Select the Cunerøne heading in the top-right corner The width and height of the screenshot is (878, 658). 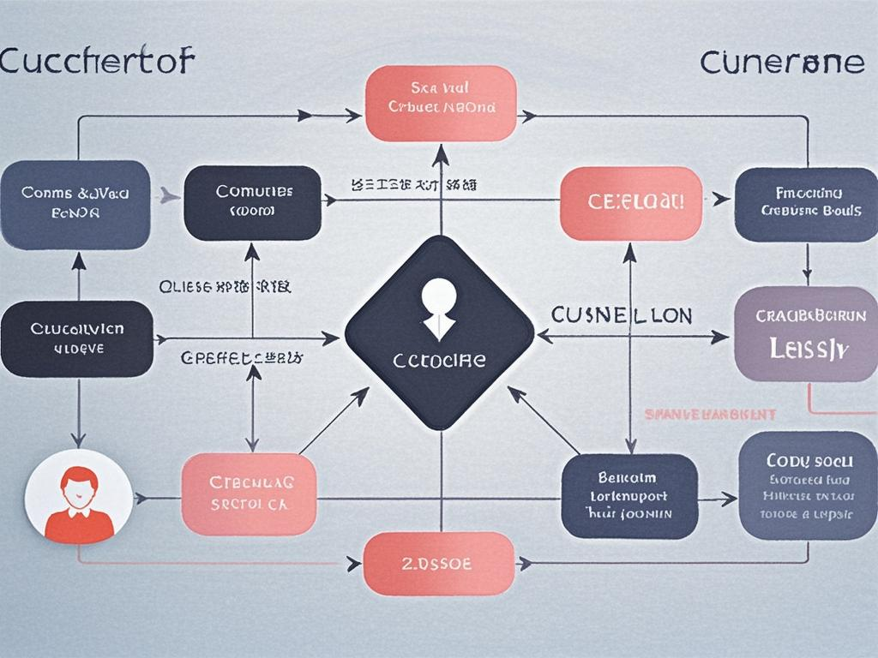[782, 63]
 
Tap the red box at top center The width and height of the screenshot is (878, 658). [441, 103]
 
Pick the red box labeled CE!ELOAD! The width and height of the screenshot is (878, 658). [630, 203]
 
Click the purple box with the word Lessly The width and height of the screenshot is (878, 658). [805, 333]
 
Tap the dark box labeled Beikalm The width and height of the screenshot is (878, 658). [629, 496]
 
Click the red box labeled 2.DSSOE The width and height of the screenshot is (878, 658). [438, 564]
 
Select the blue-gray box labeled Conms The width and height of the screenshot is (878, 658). [75, 203]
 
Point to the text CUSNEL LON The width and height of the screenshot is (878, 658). [622, 315]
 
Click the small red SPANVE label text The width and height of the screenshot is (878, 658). [709, 414]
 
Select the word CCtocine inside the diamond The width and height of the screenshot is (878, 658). [439, 361]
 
